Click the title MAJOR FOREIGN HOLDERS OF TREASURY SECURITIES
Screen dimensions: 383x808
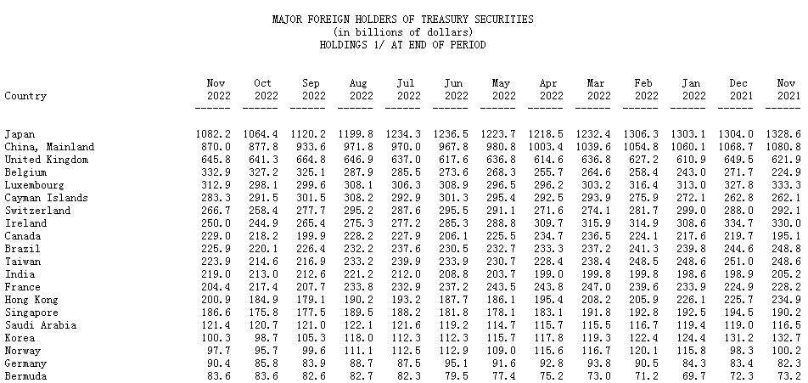tap(403, 19)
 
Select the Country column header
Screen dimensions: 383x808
tap(25, 96)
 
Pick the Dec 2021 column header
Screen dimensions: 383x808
tap(740, 89)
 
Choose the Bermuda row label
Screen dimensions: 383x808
tap(25, 376)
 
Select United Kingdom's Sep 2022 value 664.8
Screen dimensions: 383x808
tap(311, 160)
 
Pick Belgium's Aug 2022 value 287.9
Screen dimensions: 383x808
tap(358, 172)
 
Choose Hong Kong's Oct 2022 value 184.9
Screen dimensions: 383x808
tap(263, 300)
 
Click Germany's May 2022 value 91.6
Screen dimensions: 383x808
tap(503, 363)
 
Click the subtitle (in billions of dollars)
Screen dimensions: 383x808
tap(403, 32)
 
